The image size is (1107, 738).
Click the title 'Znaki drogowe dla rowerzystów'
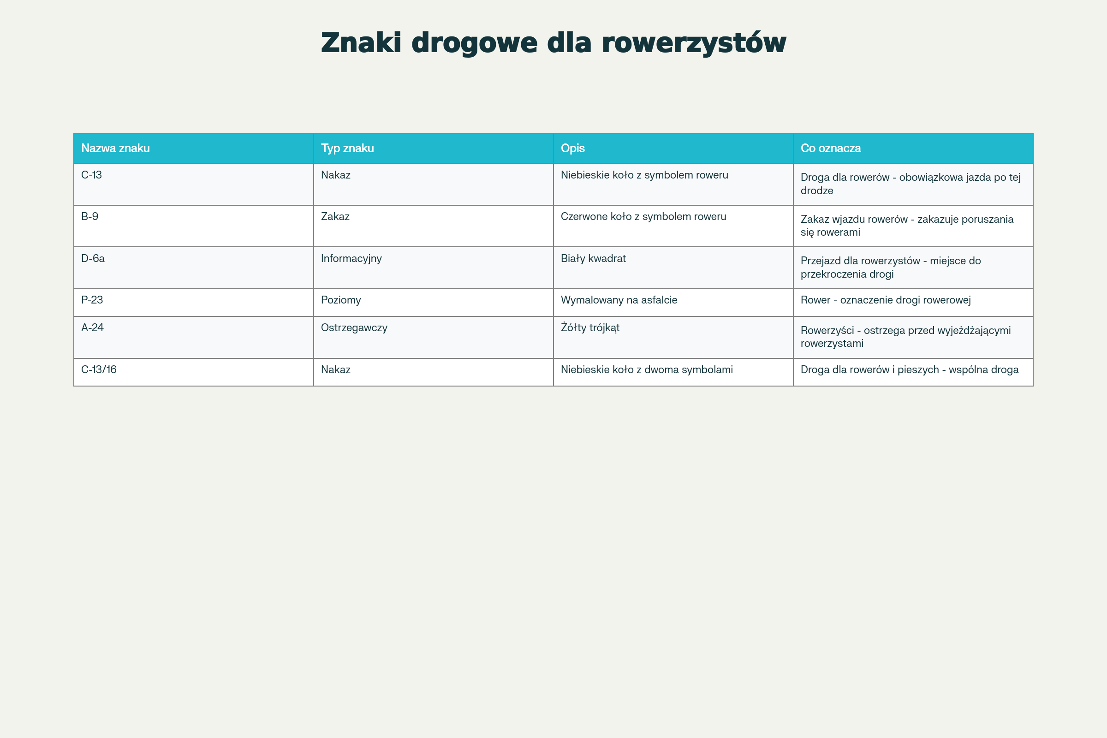coord(553,43)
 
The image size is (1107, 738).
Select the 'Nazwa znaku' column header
coord(115,148)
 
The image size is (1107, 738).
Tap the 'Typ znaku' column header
coord(347,148)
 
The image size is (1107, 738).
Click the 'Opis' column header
coord(573,148)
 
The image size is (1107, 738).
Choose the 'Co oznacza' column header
coord(831,148)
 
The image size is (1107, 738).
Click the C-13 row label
coord(91,175)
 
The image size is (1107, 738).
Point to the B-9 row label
coord(89,216)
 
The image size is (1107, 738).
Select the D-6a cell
coord(93,258)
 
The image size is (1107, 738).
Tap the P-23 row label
coord(92,300)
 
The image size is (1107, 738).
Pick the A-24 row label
coord(92,327)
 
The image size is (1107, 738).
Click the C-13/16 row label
coord(99,369)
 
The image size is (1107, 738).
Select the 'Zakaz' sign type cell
coord(335,216)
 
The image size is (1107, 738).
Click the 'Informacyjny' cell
coord(351,258)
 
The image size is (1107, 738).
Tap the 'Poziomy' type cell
coord(341,300)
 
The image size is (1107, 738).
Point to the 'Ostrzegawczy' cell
coord(354,327)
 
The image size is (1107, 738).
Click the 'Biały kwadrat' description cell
coord(593,258)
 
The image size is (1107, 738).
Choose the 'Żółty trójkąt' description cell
coord(590,327)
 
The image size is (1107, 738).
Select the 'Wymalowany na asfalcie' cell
coord(619,300)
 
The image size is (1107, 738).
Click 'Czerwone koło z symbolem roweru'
coord(643,216)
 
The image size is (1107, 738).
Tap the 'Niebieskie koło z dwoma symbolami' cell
coord(647,369)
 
